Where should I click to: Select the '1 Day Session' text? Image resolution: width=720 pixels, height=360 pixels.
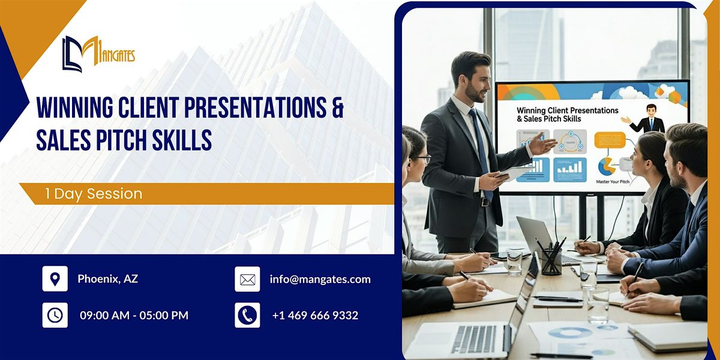click(94, 194)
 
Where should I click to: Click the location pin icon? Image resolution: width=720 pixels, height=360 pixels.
click(55, 279)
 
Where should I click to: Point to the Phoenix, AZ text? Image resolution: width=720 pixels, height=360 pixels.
click(108, 279)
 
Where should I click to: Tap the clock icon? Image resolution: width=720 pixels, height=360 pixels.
click(55, 315)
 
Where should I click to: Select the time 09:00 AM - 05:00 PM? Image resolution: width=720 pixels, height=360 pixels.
click(134, 315)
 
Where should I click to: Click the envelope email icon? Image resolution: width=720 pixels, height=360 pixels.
click(247, 279)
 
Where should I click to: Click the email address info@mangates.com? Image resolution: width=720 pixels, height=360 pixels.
click(320, 279)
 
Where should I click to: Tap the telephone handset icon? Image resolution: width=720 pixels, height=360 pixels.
click(247, 315)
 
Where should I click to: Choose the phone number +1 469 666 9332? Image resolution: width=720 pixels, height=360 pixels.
click(315, 315)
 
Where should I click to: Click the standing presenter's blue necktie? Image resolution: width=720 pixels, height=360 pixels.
click(482, 150)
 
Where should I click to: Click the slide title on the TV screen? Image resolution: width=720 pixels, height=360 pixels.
click(558, 115)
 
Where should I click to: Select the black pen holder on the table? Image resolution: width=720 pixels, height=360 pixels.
click(551, 261)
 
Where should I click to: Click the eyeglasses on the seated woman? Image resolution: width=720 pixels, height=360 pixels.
click(423, 159)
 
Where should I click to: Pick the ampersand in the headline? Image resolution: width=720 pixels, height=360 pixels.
click(337, 107)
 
